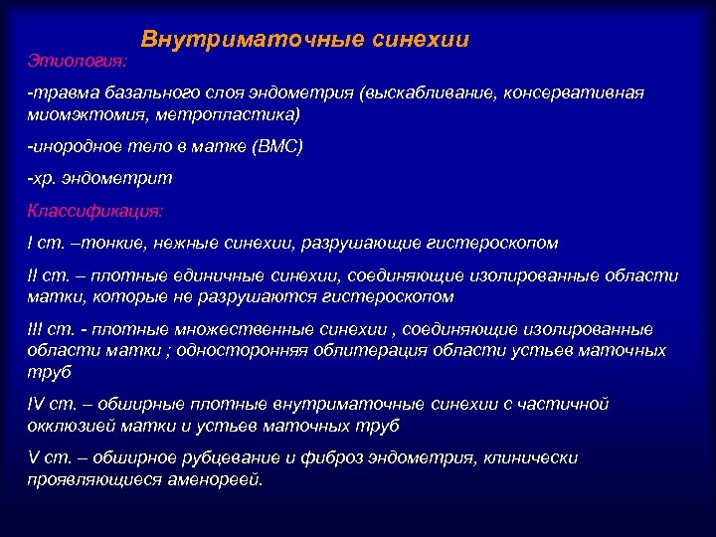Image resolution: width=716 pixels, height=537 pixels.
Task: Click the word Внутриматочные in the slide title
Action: point(230,40)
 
